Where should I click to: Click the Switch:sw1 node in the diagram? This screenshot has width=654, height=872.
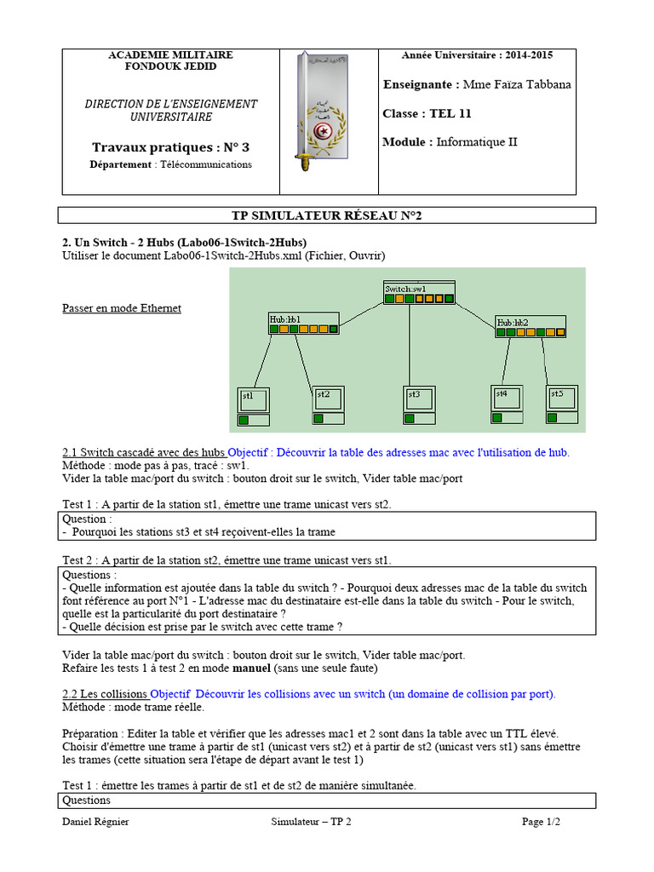(x=419, y=294)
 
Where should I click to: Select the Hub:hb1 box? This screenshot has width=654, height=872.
(x=303, y=324)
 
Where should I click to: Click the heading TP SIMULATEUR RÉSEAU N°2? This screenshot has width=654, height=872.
(x=327, y=215)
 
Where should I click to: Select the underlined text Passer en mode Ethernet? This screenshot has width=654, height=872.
(x=122, y=308)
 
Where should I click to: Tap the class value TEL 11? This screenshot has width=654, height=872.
(x=450, y=113)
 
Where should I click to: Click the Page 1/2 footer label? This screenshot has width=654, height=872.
(x=541, y=822)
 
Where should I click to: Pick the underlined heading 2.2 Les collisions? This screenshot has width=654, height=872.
(x=106, y=694)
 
